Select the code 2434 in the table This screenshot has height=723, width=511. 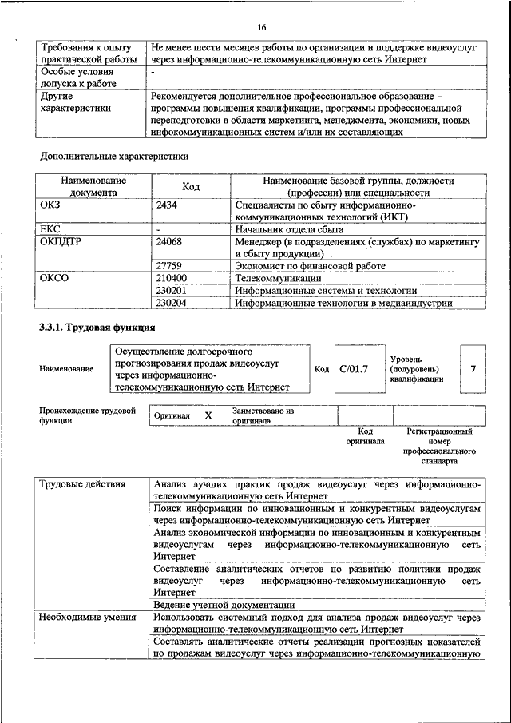168,205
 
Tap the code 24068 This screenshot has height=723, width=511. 171,240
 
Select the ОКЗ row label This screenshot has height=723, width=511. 50,205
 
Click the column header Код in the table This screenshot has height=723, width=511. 190,186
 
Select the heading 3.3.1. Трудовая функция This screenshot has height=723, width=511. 97,328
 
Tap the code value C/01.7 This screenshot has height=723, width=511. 353,369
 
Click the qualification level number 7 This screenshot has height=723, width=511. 473,369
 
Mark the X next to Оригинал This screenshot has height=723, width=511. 208,416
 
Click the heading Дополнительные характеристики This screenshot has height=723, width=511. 114,157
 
